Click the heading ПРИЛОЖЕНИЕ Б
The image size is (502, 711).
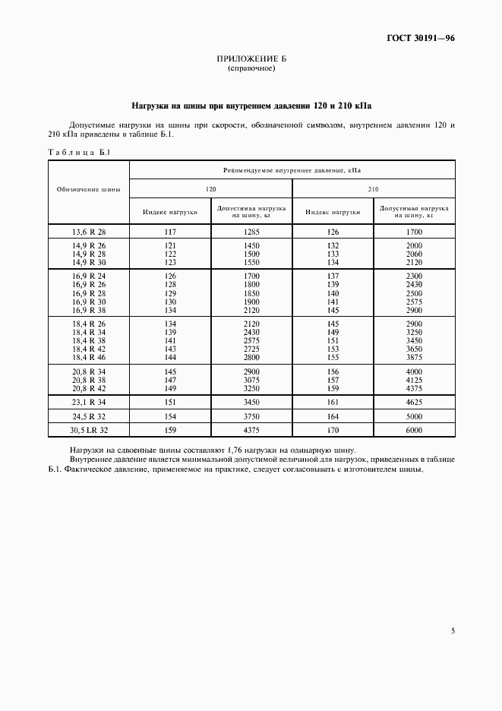click(x=251, y=59)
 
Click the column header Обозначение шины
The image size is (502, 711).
click(x=88, y=188)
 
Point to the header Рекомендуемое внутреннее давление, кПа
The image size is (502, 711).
click(x=292, y=171)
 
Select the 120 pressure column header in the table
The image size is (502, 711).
click(x=210, y=189)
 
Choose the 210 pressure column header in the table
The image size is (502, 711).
click(x=374, y=189)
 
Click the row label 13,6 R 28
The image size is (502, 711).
click(x=89, y=231)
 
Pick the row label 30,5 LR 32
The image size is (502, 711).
click(x=89, y=431)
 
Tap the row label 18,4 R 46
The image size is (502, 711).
click(x=89, y=356)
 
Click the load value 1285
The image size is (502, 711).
click(x=251, y=231)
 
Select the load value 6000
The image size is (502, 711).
click(x=414, y=431)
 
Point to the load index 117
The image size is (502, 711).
click(x=170, y=231)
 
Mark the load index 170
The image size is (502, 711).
click(x=333, y=431)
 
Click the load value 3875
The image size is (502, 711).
click(x=414, y=356)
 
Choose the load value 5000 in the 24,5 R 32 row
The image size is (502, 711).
click(x=414, y=416)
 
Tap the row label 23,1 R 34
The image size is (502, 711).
click(x=89, y=402)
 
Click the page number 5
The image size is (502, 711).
click(x=453, y=630)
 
